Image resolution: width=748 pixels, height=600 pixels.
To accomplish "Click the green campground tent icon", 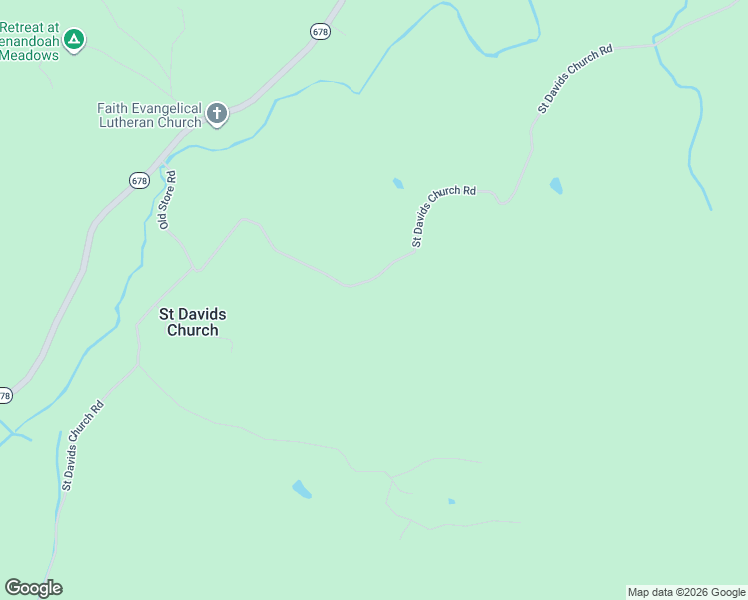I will (x=73, y=40).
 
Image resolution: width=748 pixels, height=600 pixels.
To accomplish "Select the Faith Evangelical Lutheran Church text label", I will (x=149, y=115).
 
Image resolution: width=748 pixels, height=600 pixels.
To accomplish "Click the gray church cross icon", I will (x=217, y=114).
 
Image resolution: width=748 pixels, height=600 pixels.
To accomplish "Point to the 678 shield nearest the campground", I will (x=319, y=32).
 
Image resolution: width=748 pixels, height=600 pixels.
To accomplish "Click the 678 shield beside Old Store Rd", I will (x=139, y=180).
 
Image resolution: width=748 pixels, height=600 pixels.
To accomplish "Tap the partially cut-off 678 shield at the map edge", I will (x=5, y=396).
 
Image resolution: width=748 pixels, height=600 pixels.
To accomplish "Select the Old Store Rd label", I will (x=167, y=200).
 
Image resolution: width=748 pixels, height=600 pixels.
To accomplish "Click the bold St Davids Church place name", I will (x=193, y=322).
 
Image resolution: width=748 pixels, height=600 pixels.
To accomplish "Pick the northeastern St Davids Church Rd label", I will (x=574, y=79).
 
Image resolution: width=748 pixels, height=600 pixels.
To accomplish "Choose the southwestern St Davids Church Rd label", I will (x=82, y=445).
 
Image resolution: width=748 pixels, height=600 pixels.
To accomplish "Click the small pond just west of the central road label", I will (x=398, y=183).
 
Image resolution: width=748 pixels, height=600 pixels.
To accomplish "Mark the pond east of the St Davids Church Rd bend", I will (x=556, y=186).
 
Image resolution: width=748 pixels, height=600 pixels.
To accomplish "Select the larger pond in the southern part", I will (x=301, y=489).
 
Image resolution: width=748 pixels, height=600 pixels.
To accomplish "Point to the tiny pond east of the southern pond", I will (x=452, y=501).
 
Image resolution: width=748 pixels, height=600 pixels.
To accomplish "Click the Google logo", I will (x=33, y=588).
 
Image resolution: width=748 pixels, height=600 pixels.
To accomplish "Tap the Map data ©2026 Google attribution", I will (x=686, y=592).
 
